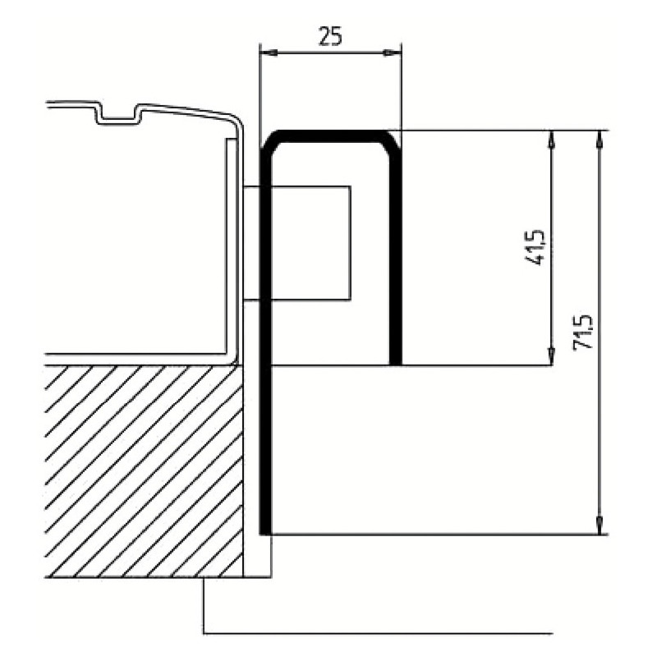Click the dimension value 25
(x=331, y=36)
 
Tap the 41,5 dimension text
(x=535, y=247)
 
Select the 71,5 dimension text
(x=583, y=332)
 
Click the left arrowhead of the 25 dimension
(x=269, y=53)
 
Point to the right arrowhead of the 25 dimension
(x=393, y=53)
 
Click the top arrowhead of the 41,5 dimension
(x=551, y=139)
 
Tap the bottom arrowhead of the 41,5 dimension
(x=551, y=356)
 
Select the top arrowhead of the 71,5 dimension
(x=600, y=139)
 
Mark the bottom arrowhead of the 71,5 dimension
(x=600, y=526)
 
